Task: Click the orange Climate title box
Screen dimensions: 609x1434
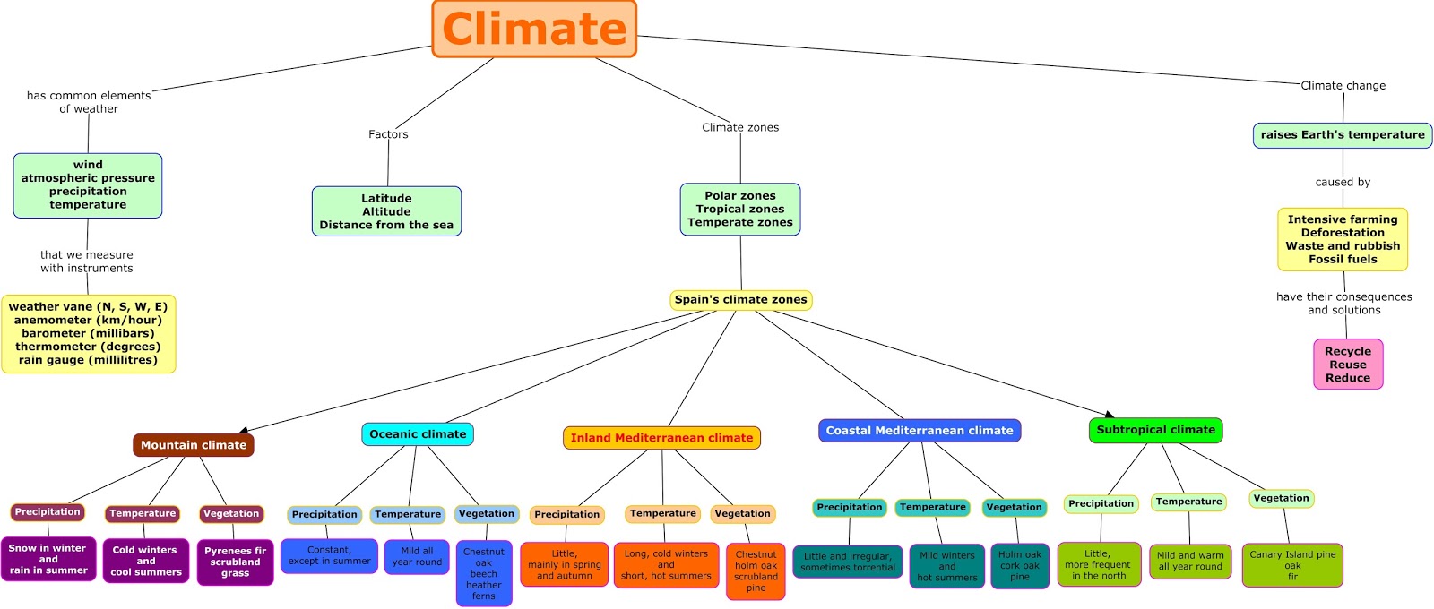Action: click(x=534, y=29)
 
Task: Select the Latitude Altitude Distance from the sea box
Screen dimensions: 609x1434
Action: click(x=386, y=211)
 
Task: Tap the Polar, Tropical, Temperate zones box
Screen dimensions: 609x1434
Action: click(x=739, y=209)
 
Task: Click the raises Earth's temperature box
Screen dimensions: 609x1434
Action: click(x=1342, y=135)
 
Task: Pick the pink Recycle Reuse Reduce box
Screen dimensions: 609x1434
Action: click(x=1347, y=365)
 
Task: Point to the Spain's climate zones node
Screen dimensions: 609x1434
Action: click(x=740, y=300)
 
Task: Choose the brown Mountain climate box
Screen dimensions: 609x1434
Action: click(x=194, y=445)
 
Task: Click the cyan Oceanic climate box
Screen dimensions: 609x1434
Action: click(x=418, y=434)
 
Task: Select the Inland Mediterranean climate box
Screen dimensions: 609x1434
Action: click(x=661, y=438)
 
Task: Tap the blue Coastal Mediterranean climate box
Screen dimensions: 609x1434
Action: click(x=919, y=431)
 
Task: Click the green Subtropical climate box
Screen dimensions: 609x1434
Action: click(x=1155, y=430)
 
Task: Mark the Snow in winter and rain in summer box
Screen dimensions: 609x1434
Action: click(x=48, y=559)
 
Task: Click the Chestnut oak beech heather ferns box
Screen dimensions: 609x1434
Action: click(x=484, y=573)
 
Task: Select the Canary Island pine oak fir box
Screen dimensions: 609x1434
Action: click(x=1292, y=565)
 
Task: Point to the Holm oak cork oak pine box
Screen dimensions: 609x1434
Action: click(x=1020, y=565)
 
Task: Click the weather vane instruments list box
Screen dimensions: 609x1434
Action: click(x=88, y=333)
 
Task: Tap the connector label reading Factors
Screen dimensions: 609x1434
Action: click(x=388, y=134)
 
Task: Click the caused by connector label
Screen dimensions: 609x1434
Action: click(x=1342, y=182)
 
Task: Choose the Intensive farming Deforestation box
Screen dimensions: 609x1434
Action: click(x=1342, y=239)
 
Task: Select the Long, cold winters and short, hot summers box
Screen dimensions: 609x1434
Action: click(x=666, y=565)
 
